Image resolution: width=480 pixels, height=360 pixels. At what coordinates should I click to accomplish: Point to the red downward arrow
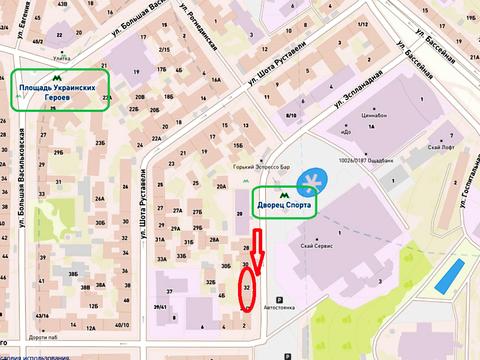click(257, 252)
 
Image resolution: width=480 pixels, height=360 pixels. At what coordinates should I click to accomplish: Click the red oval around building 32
click(247, 291)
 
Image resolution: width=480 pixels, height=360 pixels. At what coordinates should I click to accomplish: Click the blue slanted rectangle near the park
click(452, 274)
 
